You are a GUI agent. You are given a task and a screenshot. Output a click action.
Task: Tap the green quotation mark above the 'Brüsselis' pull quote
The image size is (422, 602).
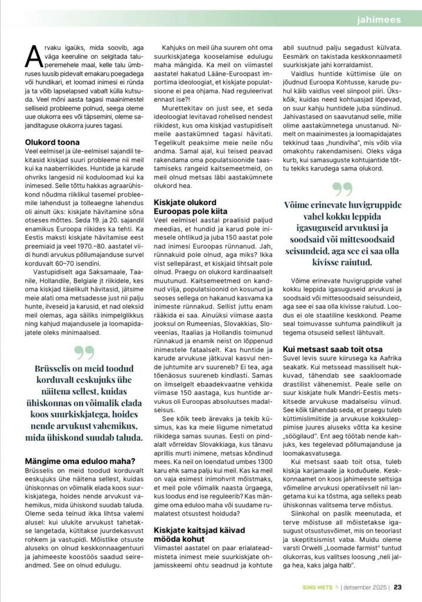pos(85,352)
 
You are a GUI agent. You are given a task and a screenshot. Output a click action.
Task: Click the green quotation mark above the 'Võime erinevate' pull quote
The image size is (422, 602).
pos(343,189)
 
